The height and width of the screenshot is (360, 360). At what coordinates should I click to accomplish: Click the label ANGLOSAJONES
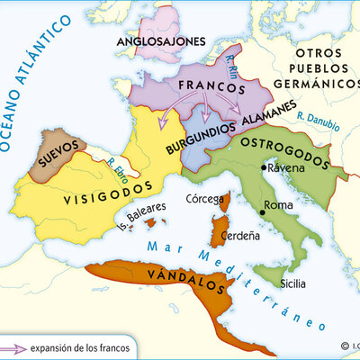159,41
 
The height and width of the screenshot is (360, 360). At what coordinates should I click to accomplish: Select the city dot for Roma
263,212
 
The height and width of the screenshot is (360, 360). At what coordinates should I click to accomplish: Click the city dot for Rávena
264,167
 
